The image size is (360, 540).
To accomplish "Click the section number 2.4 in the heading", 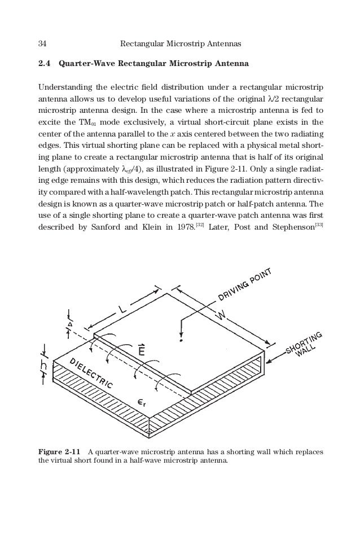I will pyautogui.click(x=43, y=64).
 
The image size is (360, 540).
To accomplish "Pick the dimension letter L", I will pyautogui.click(x=123, y=310).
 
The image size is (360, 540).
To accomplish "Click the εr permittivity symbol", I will pyautogui.click(x=143, y=402).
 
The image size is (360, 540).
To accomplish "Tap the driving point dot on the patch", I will pyautogui.click(x=181, y=341).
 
